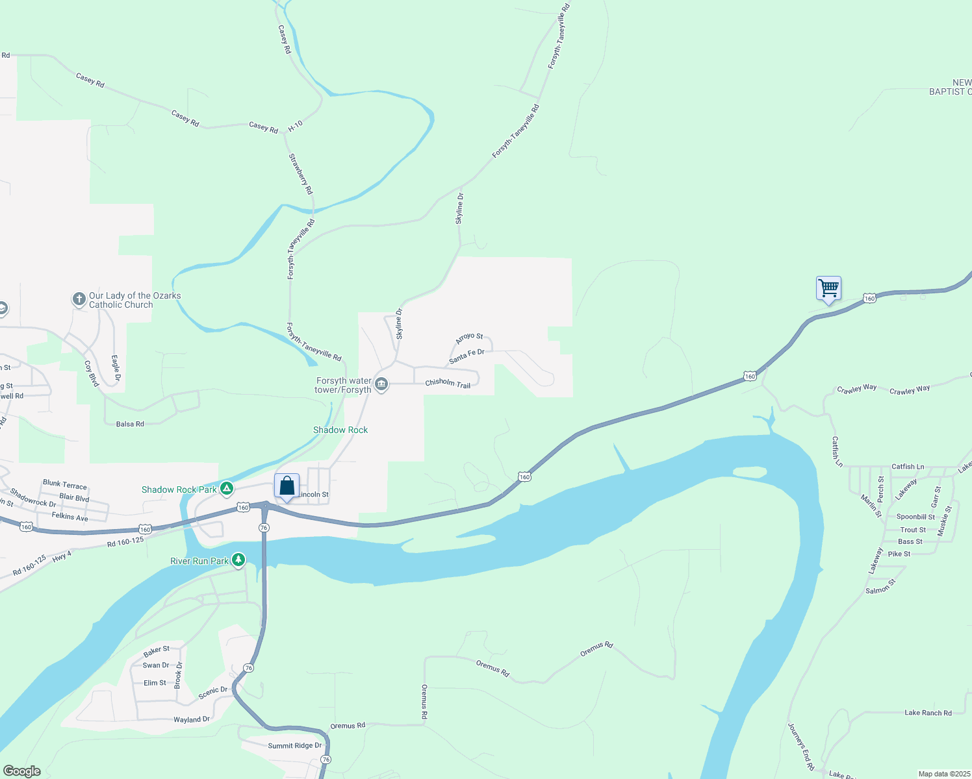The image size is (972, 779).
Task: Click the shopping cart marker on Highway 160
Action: [x=828, y=288]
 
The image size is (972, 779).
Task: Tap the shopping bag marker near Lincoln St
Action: [x=287, y=486]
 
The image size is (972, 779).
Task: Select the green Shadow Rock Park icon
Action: [x=227, y=489]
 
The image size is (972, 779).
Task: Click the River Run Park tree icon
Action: [x=238, y=560]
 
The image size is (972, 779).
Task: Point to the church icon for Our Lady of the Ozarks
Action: [x=79, y=299]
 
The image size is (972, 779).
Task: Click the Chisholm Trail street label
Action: [x=448, y=384]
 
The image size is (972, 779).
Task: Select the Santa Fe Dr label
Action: [x=467, y=356]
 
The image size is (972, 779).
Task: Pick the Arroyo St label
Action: [x=469, y=338]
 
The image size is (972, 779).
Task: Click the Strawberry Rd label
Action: [x=301, y=174]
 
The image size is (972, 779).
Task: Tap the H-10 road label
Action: [x=295, y=126]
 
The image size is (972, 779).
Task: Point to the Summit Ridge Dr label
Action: [x=295, y=746]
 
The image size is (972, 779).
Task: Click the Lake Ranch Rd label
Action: [x=928, y=713]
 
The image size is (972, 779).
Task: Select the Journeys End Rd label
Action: [x=801, y=747]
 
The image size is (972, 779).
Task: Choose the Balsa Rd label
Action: [x=130, y=424]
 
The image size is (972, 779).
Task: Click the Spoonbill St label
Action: [x=915, y=517]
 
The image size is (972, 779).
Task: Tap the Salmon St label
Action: [x=880, y=587]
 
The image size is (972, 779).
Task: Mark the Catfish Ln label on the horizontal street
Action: [x=908, y=467]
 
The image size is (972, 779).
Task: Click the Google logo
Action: [x=22, y=771]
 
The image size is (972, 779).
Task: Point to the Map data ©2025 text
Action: [x=944, y=774]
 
